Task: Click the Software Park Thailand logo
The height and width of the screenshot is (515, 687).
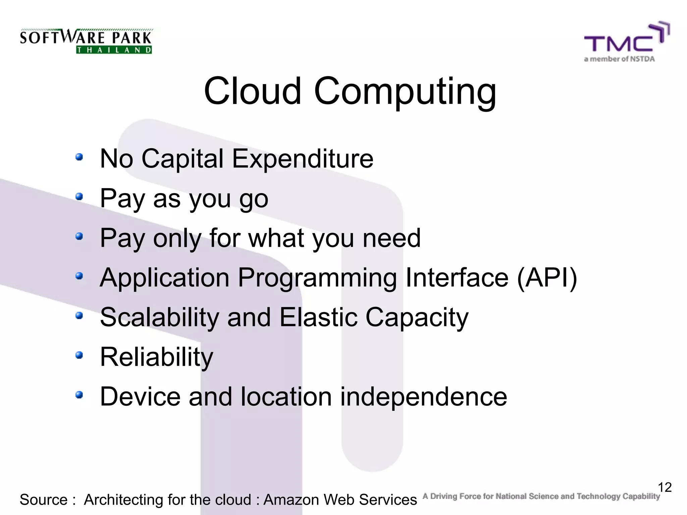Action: pyautogui.click(x=86, y=41)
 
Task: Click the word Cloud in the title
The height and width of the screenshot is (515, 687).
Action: pyautogui.click(x=252, y=91)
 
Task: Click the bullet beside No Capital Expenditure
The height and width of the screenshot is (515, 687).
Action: pyautogui.click(x=79, y=157)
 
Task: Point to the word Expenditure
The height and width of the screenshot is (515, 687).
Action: pyautogui.click(x=303, y=159)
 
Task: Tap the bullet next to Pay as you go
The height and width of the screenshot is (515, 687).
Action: pyautogui.click(x=79, y=196)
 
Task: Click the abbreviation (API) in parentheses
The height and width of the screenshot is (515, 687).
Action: pyautogui.click(x=547, y=278)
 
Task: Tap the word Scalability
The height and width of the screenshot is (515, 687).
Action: pyautogui.click(x=159, y=318)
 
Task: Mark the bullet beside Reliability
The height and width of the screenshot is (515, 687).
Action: pyautogui.click(x=79, y=355)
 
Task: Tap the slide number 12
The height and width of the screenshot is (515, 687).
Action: pyautogui.click(x=665, y=487)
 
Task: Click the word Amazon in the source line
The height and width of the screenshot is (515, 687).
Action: pyautogui.click(x=292, y=500)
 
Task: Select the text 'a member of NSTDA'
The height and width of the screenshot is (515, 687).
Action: pyautogui.click(x=619, y=59)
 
